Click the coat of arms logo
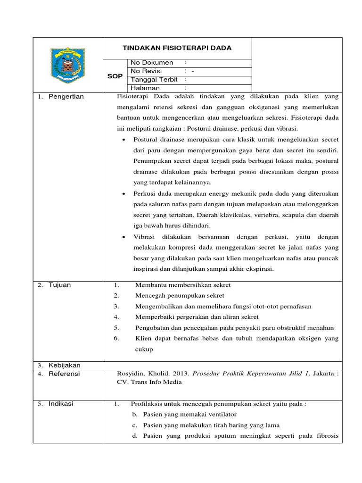coord(68,67)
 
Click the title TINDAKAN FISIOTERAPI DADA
coord(177,48)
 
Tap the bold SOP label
coord(115,76)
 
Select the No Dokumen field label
coord(152,63)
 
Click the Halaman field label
coord(145,88)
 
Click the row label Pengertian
coord(66,97)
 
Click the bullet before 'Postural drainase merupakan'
coord(123,140)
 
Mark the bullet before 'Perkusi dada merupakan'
coord(123,194)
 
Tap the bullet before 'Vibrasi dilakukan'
coord(123,237)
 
